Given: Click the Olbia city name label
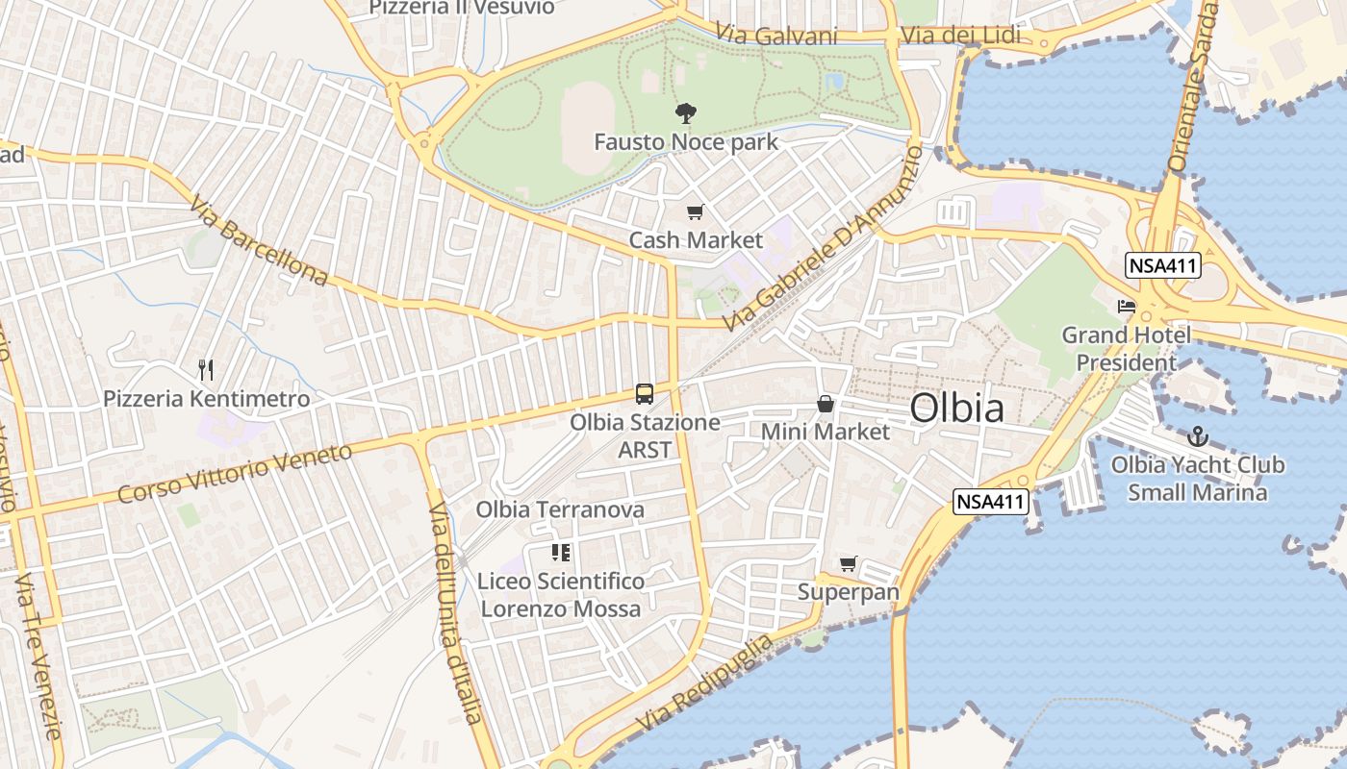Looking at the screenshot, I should click(957, 408).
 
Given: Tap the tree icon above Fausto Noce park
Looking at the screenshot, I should click(685, 113).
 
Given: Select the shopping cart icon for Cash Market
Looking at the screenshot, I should click(695, 211).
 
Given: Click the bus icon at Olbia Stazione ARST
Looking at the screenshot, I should click(644, 394).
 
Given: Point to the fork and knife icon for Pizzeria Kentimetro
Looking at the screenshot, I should click(205, 370).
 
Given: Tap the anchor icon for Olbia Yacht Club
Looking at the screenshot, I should click(1197, 436).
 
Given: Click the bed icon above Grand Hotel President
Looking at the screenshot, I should click(1126, 308).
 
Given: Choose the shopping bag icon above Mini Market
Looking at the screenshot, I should click(825, 404).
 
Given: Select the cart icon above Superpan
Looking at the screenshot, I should click(848, 564).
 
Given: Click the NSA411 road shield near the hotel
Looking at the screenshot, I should click(1163, 265).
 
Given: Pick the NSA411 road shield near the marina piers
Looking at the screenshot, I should click(992, 501).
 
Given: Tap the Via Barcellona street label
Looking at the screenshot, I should click(259, 241).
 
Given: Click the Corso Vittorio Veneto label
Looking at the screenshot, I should click(235, 473).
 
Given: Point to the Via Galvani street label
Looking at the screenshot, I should click(776, 36).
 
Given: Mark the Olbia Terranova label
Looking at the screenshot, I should click(560, 509).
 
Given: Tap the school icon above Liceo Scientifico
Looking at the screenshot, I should click(560, 553).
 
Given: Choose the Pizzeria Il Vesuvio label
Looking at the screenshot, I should click(462, 8).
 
